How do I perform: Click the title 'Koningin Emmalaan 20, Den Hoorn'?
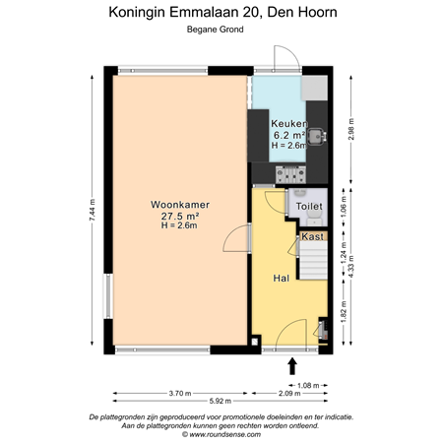click(221, 12)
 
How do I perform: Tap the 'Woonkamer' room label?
click(179, 204)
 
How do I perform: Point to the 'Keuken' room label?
click(289, 124)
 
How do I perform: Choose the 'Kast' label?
click(313, 237)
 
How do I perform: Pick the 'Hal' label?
click(282, 279)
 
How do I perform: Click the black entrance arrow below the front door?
click(291, 366)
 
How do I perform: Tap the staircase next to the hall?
click(314, 261)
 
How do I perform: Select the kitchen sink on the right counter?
click(317, 134)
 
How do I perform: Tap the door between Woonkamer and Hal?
click(239, 236)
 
